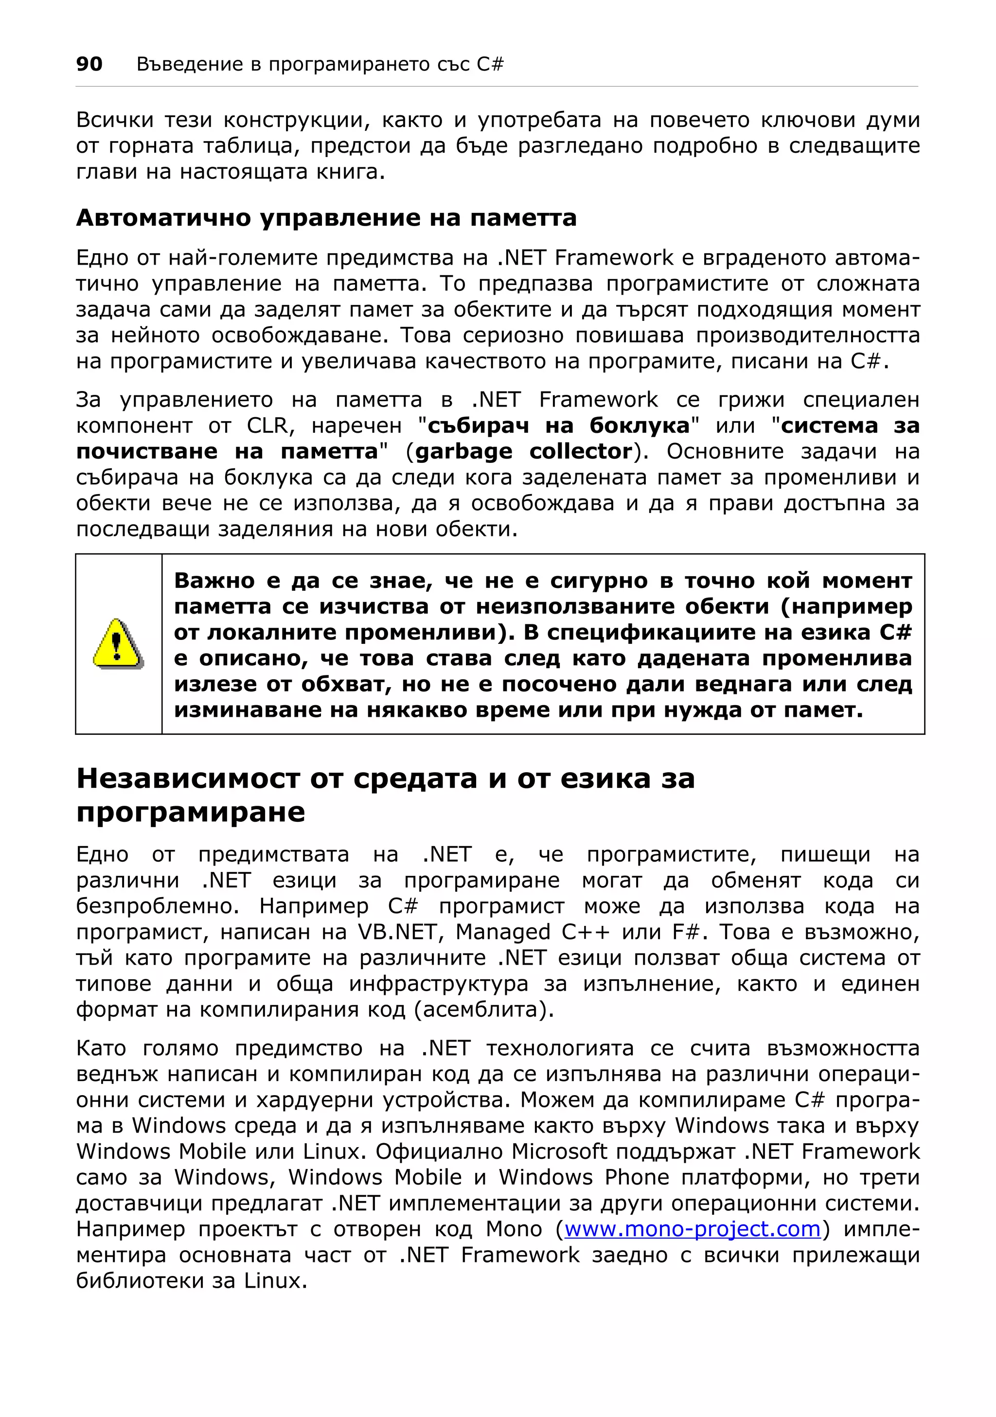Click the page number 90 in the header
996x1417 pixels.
89,64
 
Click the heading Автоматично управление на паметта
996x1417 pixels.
326,218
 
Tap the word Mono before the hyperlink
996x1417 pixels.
514,1229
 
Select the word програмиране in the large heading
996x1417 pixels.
190,812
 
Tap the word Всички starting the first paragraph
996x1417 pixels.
114,120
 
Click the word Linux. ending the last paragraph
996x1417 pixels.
275,1281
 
